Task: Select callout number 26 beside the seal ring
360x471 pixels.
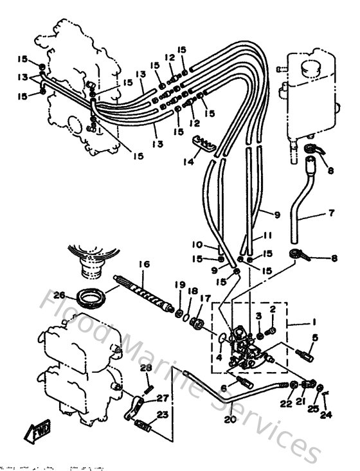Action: (60, 296)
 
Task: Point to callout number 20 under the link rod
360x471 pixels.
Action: (231, 421)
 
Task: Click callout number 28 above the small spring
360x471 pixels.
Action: (145, 368)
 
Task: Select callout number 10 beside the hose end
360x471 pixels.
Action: (197, 245)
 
